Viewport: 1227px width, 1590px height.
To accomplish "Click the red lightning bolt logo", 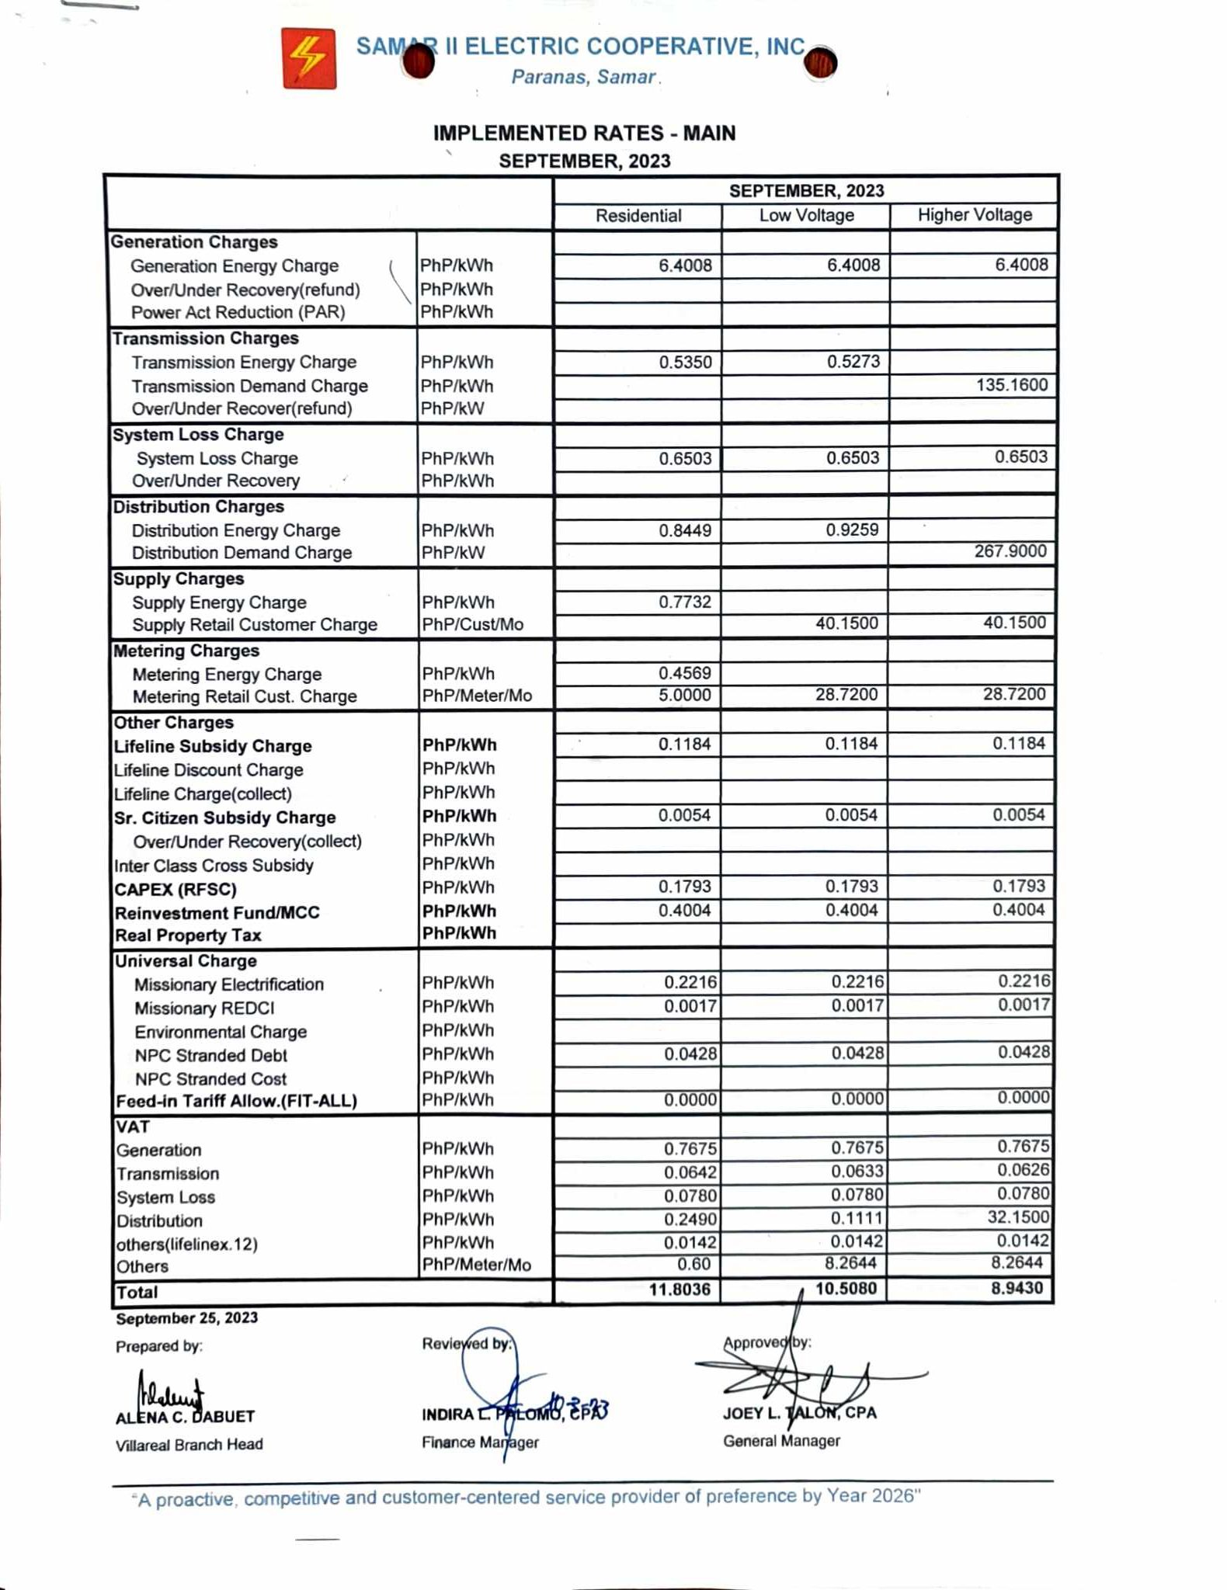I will (x=309, y=59).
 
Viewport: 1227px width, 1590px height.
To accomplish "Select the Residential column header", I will (x=638, y=216).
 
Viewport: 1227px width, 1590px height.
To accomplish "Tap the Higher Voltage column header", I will (x=975, y=215).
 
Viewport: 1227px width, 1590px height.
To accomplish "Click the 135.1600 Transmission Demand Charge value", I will (x=1011, y=385).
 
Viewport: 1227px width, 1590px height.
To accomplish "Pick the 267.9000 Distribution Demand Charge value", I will (x=1010, y=551).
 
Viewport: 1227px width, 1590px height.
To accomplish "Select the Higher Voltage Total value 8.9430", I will (x=1017, y=1288).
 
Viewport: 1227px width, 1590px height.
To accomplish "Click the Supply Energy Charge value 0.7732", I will (x=685, y=602).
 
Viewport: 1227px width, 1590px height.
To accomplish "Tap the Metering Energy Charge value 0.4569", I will (x=685, y=673).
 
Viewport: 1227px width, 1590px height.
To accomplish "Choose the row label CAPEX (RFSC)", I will (x=176, y=890).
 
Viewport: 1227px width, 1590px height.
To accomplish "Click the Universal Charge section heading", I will (x=186, y=961).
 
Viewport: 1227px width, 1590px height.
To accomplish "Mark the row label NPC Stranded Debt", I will (x=210, y=1056).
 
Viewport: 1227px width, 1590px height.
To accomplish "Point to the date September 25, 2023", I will (x=186, y=1318).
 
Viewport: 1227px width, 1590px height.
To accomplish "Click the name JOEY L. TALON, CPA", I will (x=800, y=1413).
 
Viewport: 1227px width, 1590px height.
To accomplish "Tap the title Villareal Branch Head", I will (x=189, y=1445).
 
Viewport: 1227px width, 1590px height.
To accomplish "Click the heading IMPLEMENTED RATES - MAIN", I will (x=584, y=134).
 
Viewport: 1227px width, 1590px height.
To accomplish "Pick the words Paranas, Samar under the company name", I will (x=584, y=78).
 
